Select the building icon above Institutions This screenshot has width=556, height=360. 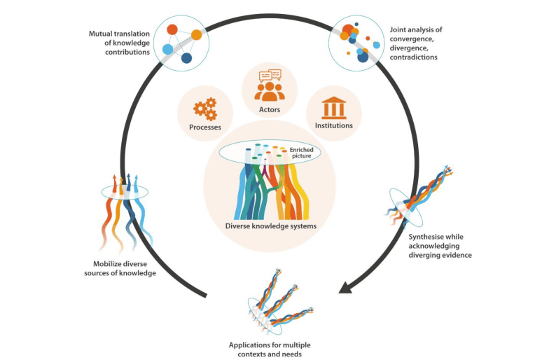click(x=333, y=109)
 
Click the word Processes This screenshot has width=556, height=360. click(x=204, y=127)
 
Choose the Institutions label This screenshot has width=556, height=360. click(x=333, y=126)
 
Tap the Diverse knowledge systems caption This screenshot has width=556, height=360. click(x=270, y=226)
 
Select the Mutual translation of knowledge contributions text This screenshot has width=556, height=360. click(x=118, y=43)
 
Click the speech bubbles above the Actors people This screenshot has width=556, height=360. click(x=270, y=76)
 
